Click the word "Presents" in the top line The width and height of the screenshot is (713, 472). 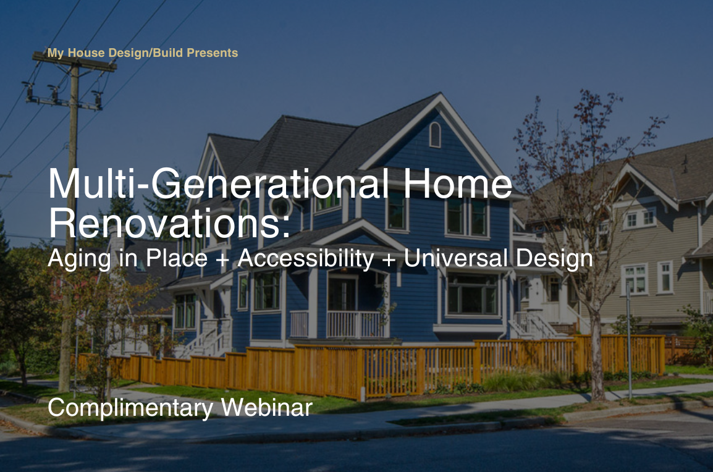pyautogui.click(x=213, y=53)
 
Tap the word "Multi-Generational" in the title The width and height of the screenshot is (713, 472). pyautogui.click(x=219, y=183)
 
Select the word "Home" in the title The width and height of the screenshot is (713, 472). pyautogui.click(x=457, y=183)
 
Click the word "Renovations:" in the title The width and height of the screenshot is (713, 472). pyautogui.click(x=169, y=223)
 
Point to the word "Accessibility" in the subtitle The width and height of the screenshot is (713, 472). pyautogui.click(x=306, y=258)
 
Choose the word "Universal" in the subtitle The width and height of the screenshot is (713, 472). pyautogui.click(x=455, y=258)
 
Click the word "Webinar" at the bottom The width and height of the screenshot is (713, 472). pyautogui.click(x=266, y=407)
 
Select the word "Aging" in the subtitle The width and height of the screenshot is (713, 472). pyautogui.click(x=79, y=259)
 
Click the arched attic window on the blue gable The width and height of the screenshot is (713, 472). pyautogui.click(x=435, y=135)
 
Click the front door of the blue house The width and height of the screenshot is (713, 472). pyautogui.click(x=342, y=295)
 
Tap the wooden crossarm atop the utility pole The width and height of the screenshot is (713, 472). pyautogui.click(x=75, y=62)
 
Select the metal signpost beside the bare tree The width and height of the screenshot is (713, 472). pyautogui.click(x=629, y=340)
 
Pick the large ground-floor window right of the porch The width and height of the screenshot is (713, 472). pyautogui.click(x=472, y=294)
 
